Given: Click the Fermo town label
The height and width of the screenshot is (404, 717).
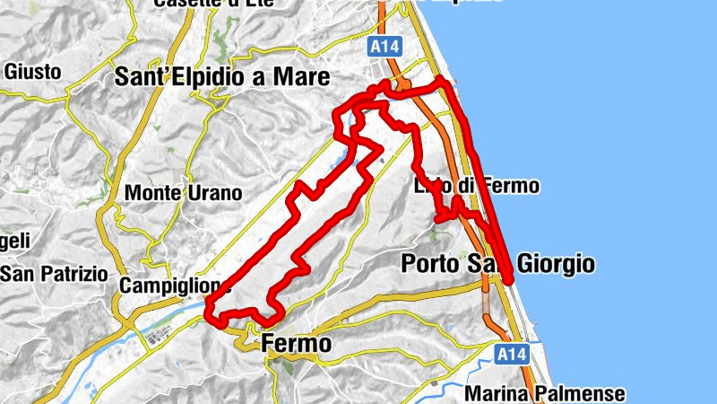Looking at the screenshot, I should (297, 344).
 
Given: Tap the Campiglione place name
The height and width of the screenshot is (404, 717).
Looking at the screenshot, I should (174, 285).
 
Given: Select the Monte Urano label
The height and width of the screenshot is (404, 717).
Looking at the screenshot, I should (184, 192).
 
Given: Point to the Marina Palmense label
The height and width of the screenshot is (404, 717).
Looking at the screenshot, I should (546, 393).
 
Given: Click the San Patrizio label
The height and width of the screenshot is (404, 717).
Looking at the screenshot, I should (54, 273).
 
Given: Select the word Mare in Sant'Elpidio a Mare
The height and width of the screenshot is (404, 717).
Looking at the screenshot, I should (298, 77).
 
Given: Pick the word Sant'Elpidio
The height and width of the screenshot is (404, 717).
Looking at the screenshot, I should (181, 77).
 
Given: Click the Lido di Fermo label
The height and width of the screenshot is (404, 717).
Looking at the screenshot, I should (478, 187).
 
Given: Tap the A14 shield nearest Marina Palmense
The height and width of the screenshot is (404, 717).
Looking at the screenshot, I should (509, 355).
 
